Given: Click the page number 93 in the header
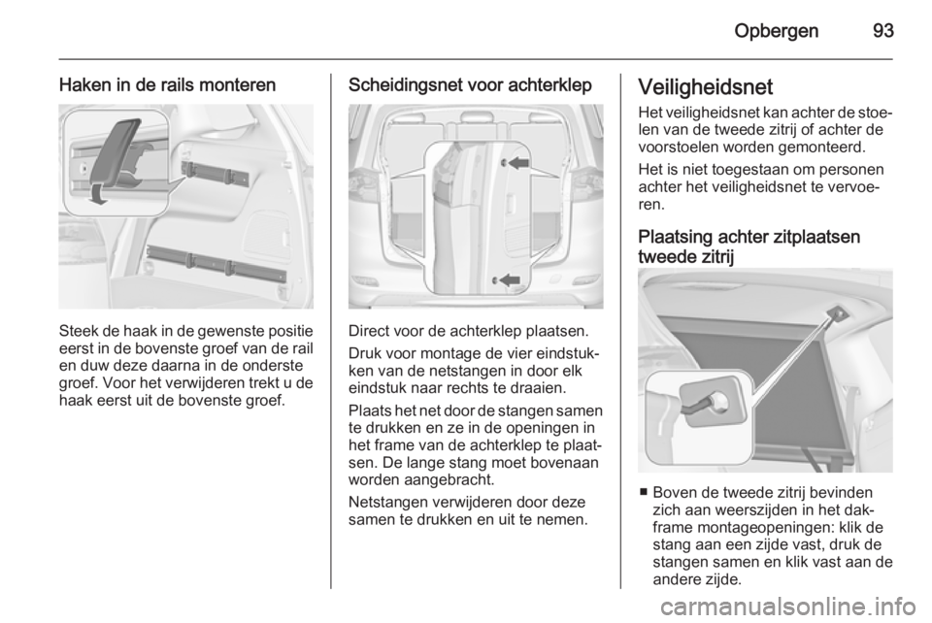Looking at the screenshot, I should tap(881, 30).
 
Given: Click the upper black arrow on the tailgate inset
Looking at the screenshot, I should tap(520, 166).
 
